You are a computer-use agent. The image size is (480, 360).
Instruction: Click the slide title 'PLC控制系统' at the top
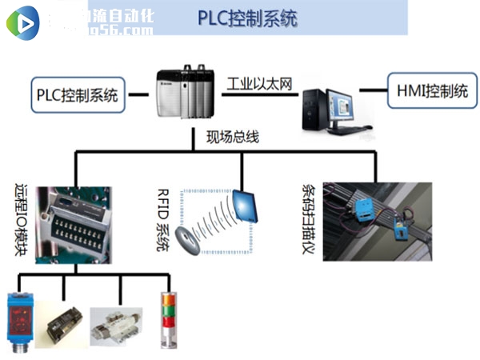tap(247, 18)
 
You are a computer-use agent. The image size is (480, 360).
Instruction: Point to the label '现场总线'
tap(233, 137)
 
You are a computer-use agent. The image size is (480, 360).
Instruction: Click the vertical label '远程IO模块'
tap(22, 221)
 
